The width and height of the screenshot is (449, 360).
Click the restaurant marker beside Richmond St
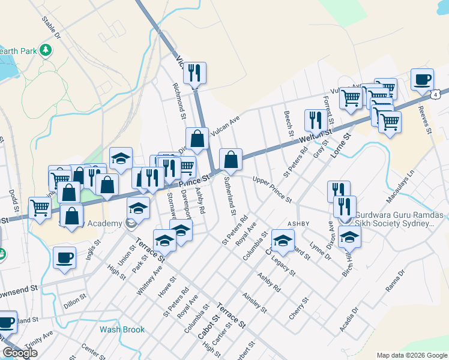pyautogui.click(x=194, y=74)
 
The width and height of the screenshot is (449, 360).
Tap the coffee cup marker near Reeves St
pyautogui.click(x=422, y=79)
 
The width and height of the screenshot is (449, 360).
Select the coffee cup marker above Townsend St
pyautogui.click(x=64, y=258)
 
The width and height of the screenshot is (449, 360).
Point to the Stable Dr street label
pyautogui.click(x=51, y=28)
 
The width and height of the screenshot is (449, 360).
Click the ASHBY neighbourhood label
pyautogui.click(x=298, y=223)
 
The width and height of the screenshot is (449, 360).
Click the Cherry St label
pyautogui.click(x=298, y=308)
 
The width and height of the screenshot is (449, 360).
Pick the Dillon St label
pyautogui.click(x=75, y=299)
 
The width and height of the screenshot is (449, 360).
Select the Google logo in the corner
pyautogui.click(x=20, y=353)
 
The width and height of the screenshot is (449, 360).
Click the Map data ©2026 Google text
pyautogui.click(x=412, y=355)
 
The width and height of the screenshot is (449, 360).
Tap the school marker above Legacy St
pyautogui.click(x=282, y=240)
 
